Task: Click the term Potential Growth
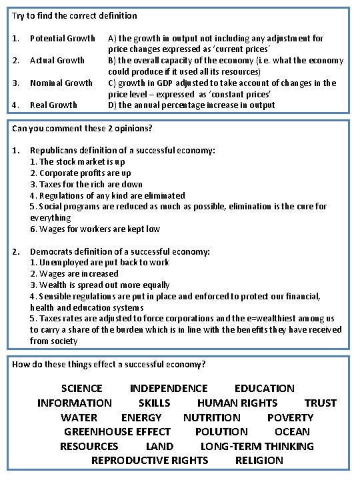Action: pos(63,39)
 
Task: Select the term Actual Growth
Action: pos(57,61)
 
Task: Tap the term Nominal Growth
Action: pos(61,83)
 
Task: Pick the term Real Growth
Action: pos(53,105)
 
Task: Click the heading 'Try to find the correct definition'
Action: pos(75,15)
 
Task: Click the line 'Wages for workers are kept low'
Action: pos(95,229)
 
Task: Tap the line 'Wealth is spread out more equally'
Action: pos(100,285)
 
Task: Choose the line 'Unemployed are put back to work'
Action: pos(99,263)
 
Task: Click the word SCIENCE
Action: pos(82,388)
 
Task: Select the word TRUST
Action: pos(321,403)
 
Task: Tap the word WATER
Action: pos(79,417)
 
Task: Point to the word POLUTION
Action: pos(221,431)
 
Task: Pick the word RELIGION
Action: pos(259,460)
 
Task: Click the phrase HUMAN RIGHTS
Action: pos(237,403)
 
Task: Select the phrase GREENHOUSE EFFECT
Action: pos(117,431)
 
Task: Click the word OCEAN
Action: pos(292,431)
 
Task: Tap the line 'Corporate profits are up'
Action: pos(81,173)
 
